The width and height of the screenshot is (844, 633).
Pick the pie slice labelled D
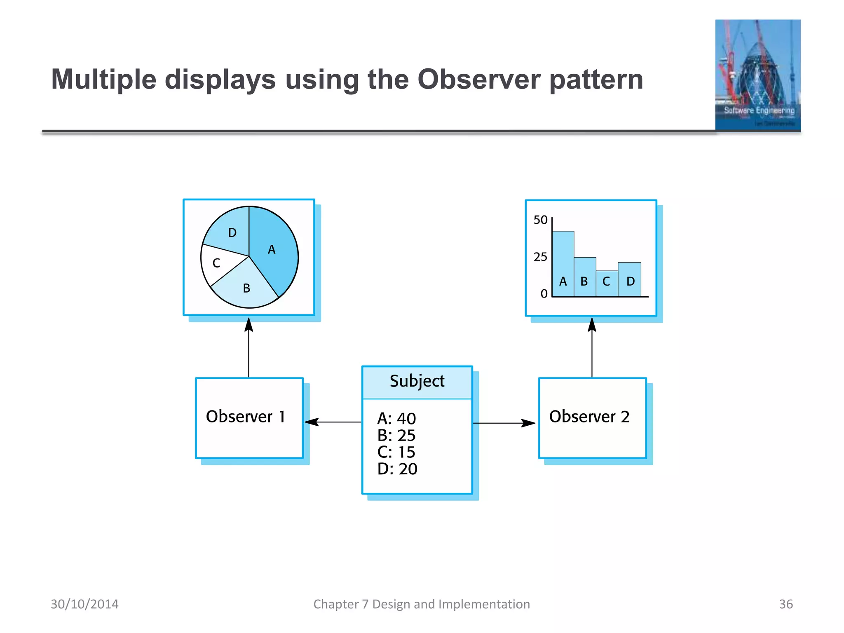tap(231, 235)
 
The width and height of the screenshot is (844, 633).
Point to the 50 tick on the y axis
tap(540, 220)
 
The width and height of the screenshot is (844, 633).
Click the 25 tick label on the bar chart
tap(540, 257)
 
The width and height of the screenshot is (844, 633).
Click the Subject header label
tap(417, 381)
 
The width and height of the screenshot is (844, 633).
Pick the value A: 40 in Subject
tap(396, 419)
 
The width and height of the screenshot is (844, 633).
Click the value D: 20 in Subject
tap(397, 469)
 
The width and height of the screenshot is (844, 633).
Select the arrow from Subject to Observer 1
tap(333, 422)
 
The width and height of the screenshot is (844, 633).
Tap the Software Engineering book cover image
tap(757, 75)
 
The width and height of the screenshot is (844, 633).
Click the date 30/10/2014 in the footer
tap(84, 604)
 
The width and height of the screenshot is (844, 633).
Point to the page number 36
tap(785, 604)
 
